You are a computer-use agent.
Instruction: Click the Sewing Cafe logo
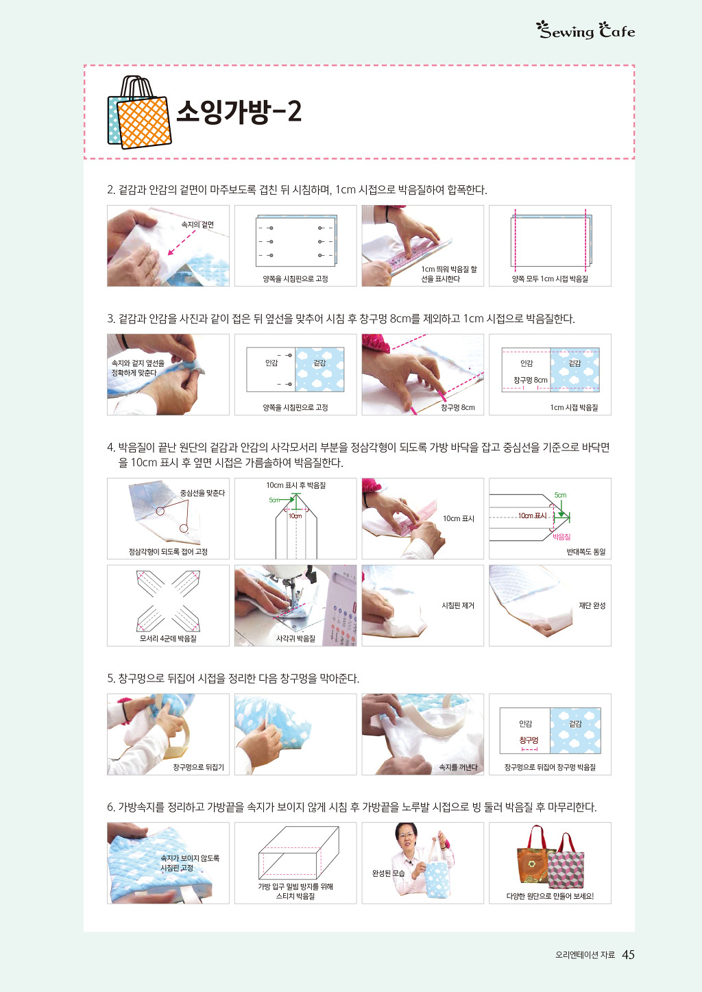tap(585, 30)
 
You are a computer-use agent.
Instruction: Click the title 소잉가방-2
tap(239, 111)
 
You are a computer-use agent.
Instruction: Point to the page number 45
tap(628, 954)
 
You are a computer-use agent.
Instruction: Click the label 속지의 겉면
tap(197, 225)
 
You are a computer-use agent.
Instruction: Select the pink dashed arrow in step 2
tap(182, 242)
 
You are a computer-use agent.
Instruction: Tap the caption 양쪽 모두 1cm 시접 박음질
tap(550, 278)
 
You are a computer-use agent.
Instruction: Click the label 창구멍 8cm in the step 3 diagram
tap(530, 380)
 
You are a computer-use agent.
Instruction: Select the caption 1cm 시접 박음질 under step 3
tap(574, 407)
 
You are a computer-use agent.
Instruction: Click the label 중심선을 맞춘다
tap(202, 493)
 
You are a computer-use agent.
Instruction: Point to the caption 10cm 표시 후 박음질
tap(296, 485)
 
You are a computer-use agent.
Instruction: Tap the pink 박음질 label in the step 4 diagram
tap(561, 537)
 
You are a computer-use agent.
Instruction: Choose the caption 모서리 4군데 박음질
tap(168, 638)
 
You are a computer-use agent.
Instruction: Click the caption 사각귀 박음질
tap(295, 639)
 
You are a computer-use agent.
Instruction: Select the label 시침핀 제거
tap(458, 605)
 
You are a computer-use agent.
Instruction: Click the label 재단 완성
tap(592, 605)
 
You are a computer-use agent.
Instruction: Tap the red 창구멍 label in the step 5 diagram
tap(529, 740)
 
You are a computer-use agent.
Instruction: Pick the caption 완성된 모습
tap(389, 873)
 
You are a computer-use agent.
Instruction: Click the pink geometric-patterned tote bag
tap(566, 862)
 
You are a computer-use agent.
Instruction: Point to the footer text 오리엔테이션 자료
tap(585, 955)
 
